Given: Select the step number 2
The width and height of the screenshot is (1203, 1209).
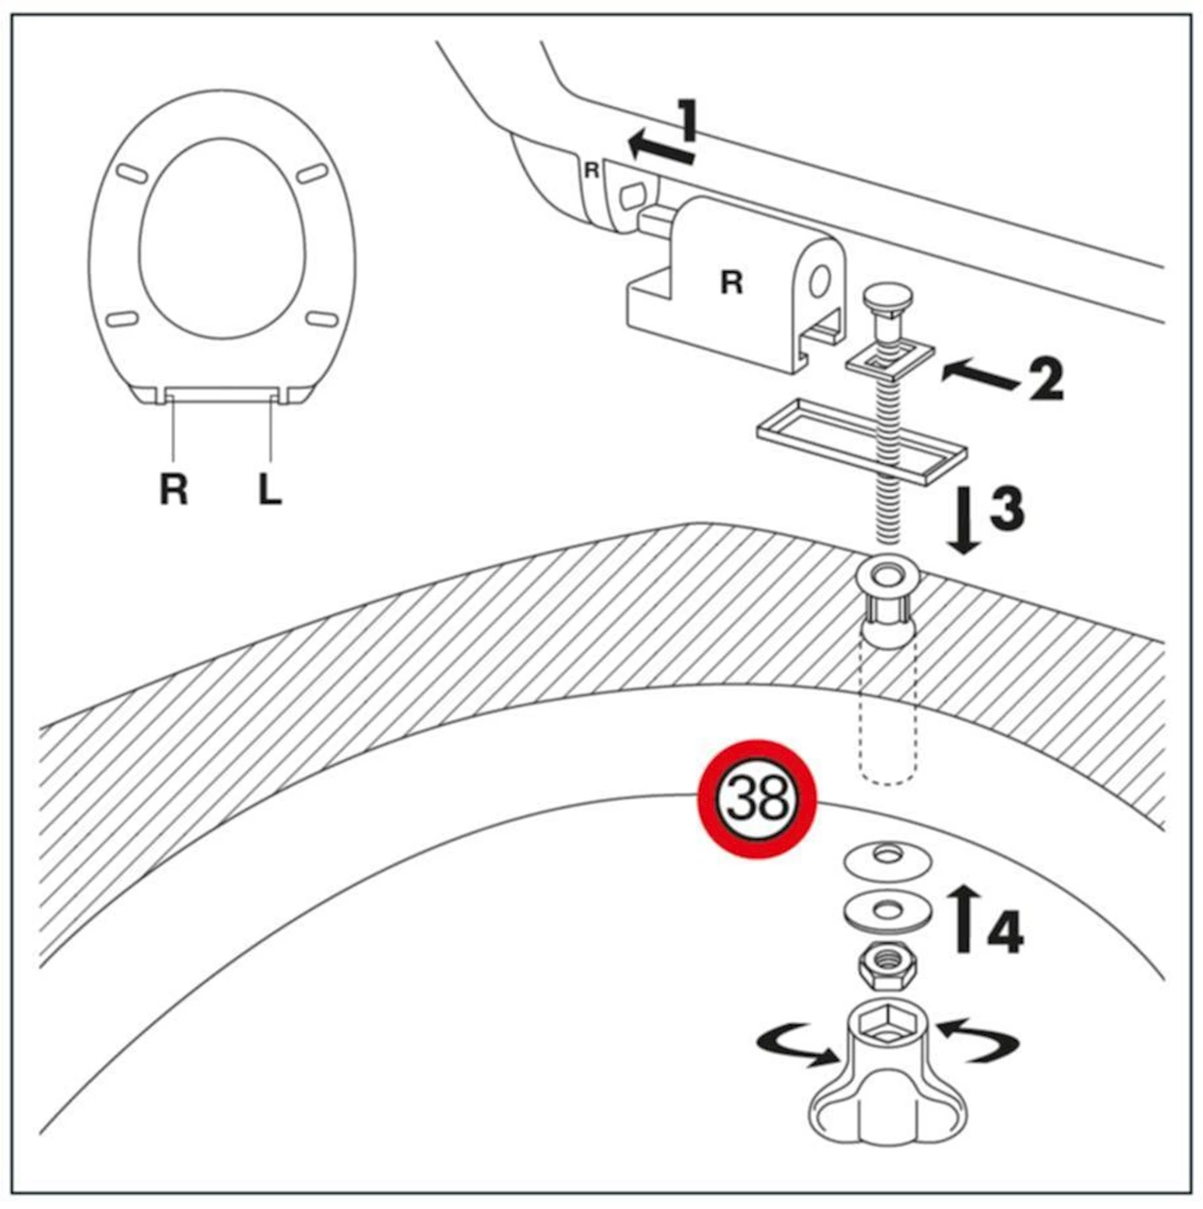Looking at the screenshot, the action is [x=1046, y=379].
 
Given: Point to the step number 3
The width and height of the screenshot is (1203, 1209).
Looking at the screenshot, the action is [x=1007, y=508].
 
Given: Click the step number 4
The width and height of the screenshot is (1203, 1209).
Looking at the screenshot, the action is [x=1006, y=931].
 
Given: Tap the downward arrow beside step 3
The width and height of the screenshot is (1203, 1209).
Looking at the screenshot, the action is [x=964, y=522].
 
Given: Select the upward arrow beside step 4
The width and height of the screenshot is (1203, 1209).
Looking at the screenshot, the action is [x=963, y=918].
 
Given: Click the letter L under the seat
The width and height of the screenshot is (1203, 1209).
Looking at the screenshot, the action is [x=270, y=489].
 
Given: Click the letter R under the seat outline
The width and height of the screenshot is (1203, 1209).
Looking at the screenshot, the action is [x=173, y=489].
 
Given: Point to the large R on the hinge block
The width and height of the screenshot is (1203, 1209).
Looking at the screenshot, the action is [x=731, y=283].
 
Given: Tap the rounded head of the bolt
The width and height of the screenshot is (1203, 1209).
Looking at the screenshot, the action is [x=888, y=296].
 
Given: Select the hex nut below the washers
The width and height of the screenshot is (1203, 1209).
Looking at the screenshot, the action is [x=886, y=966].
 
